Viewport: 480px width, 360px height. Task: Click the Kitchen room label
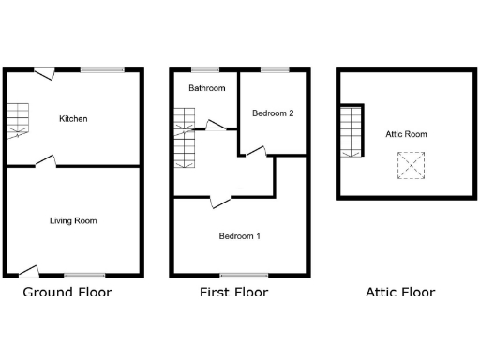(x=73, y=119)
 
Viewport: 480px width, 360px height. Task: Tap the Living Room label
(x=73, y=221)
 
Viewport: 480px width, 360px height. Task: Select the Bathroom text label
(x=206, y=89)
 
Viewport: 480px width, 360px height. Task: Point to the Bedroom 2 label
(x=274, y=113)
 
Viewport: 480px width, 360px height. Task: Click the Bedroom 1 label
(x=239, y=236)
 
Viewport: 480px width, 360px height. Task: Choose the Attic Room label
(x=406, y=135)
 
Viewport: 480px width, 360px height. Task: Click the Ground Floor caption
(x=67, y=292)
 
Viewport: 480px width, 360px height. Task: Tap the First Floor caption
(x=233, y=292)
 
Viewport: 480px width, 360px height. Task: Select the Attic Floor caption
(x=400, y=292)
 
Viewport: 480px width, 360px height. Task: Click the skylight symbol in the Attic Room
(x=409, y=167)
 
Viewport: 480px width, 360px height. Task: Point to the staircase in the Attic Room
(x=351, y=131)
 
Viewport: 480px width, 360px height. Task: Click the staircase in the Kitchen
(x=19, y=120)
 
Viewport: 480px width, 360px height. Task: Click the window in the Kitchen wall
(x=101, y=69)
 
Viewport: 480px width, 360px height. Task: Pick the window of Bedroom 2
(x=274, y=69)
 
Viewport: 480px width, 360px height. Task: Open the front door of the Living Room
(x=29, y=272)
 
